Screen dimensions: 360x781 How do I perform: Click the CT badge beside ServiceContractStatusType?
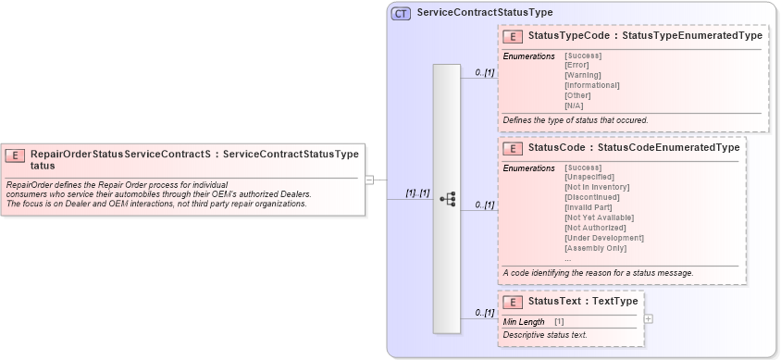pyautogui.click(x=401, y=13)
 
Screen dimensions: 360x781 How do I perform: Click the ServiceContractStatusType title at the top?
pyautogui.click(x=485, y=13)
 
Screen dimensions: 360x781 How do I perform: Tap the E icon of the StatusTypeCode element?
pyautogui.click(x=512, y=36)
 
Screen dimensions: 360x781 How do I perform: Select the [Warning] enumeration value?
pyautogui.click(x=583, y=75)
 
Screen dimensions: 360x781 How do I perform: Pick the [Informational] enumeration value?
pyautogui.click(x=591, y=85)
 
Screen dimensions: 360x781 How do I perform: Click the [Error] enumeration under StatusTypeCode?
pyautogui.click(x=577, y=65)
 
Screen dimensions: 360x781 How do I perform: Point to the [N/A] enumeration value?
pyautogui.click(x=574, y=106)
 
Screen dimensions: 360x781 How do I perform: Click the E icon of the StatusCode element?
pyautogui.click(x=512, y=148)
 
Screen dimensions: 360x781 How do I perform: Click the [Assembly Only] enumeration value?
pyautogui.click(x=595, y=248)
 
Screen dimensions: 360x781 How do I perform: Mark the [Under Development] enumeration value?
pyautogui.click(x=603, y=238)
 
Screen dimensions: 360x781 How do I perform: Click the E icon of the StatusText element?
pyautogui.click(x=512, y=302)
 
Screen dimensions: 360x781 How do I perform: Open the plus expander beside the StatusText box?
pyautogui.click(x=648, y=318)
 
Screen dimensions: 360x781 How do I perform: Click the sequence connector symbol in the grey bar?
pyautogui.click(x=447, y=199)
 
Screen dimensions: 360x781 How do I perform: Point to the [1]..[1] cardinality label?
pyautogui.click(x=417, y=192)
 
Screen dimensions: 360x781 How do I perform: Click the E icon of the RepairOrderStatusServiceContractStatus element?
pyautogui.click(x=17, y=155)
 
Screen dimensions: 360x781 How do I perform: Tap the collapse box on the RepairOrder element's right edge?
pyautogui.click(x=369, y=180)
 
